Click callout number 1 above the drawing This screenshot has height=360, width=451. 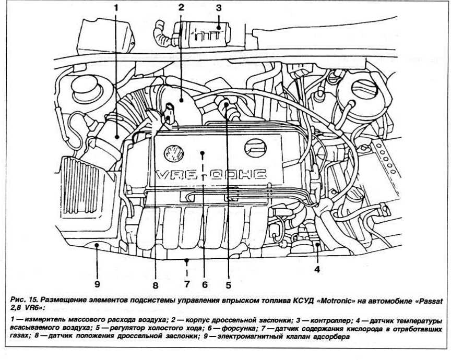point(116,8)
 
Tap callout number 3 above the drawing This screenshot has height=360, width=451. point(219,8)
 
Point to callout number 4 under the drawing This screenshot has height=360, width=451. point(317,270)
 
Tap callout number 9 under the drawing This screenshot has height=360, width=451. point(97,284)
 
